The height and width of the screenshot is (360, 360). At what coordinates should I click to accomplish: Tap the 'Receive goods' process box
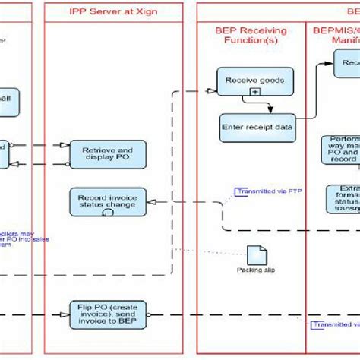coord(251,79)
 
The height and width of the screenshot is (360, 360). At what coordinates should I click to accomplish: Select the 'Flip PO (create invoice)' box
coord(107,314)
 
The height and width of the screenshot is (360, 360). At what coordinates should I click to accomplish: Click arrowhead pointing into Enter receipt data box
coord(250,111)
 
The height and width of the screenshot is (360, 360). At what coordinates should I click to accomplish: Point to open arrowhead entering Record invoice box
coord(149,202)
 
